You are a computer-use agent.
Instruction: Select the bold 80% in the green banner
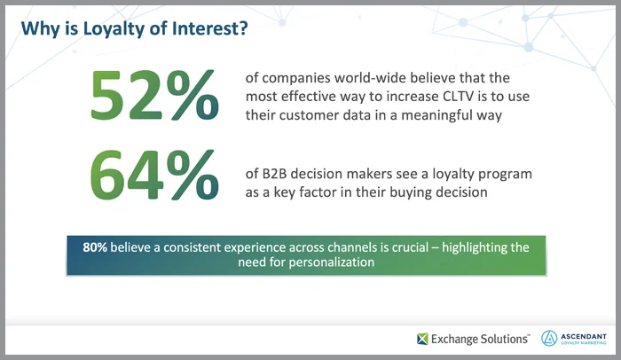click(95, 247)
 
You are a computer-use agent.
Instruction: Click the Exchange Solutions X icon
click(424, 337)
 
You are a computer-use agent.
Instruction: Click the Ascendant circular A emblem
click(549, 337)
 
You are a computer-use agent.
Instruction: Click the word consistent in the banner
click(201, 247)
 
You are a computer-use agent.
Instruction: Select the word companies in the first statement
click(291, 78)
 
